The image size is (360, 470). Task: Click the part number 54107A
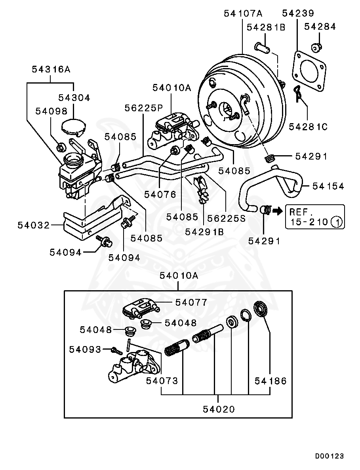[x=243, y=13]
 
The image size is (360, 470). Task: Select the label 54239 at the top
[x=298, y=13]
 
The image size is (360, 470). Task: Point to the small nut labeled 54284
[x=316, y=47]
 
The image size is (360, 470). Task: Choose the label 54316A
[x=51, y=69]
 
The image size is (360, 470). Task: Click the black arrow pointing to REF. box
[x=278, y=211]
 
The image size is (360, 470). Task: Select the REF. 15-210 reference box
[x=315, y=217]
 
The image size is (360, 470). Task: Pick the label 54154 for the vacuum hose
[x=328, y=186]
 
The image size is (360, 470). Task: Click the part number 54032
[x=34, y=225]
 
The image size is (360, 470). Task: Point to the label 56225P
[x=144, y=108]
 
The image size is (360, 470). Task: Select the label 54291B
[x=204, y=232]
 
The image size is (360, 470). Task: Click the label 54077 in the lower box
[x=191, y=303]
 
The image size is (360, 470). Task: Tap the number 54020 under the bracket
[x=219, y=409]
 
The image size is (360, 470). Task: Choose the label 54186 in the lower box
[x=270, y=381]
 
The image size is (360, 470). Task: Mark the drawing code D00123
[x=329, y=456]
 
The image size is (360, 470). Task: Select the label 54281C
[x=308, y=126]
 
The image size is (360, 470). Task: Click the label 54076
[x=160, y=194]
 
